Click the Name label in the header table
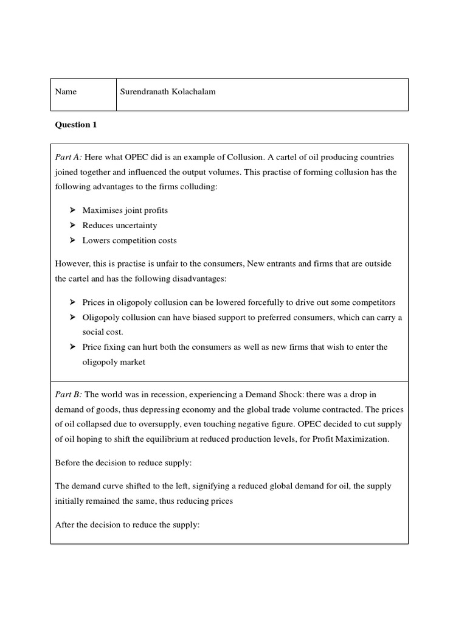click(66, 92)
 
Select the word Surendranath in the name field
click(147, 92)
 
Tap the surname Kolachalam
click(195, 92)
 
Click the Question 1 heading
click(76, 125)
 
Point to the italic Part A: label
click(68, 158)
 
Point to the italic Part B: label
click(68, 377)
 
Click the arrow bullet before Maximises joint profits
click(71, 210)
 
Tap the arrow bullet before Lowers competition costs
click(71, 240)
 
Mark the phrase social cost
click(103, 332)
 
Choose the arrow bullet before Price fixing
click(71, 347)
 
